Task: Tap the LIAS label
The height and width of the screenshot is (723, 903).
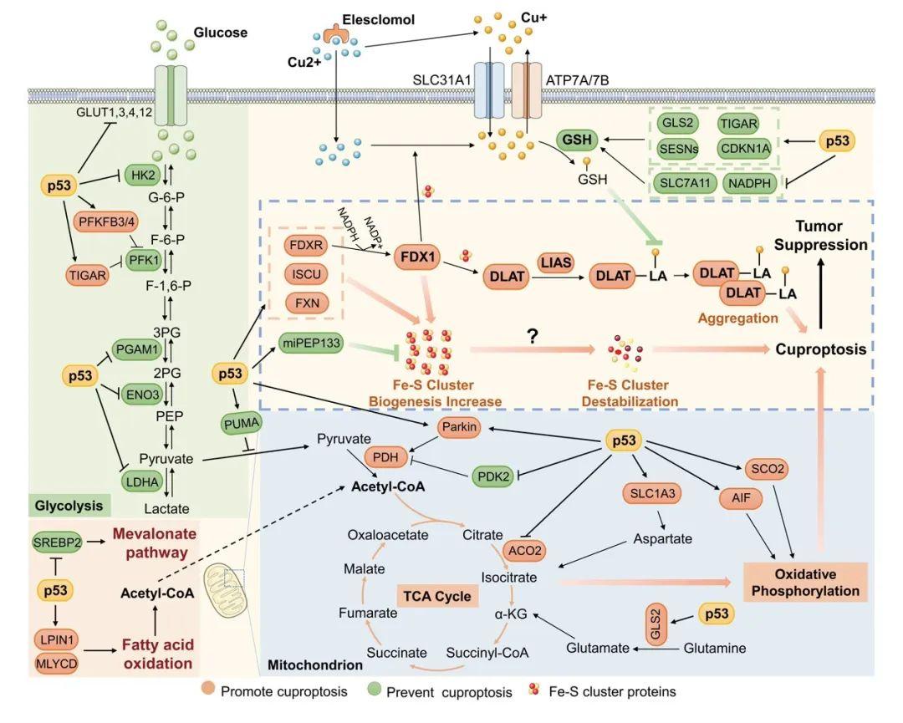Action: [554, 262]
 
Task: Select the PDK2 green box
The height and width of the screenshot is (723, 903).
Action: [494, 474]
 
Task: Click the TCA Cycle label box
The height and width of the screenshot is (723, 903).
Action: [436, 597]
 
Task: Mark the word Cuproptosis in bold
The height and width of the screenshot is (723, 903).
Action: [822, 349]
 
